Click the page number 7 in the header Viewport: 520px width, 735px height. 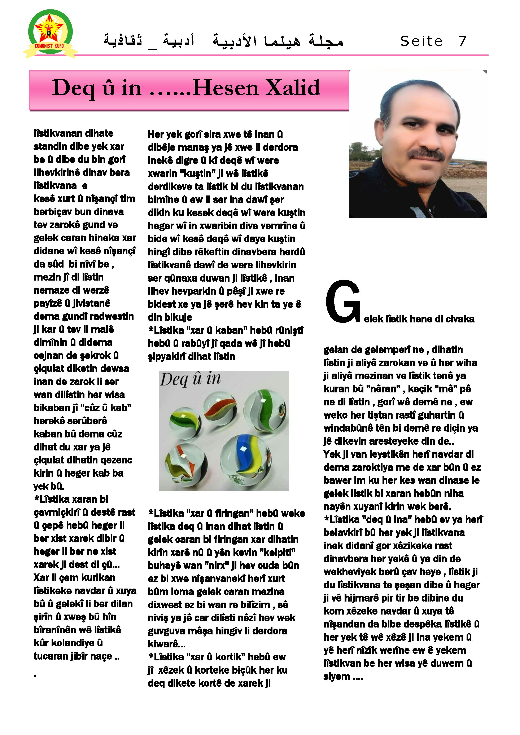462,41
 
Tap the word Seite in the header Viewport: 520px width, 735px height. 421,41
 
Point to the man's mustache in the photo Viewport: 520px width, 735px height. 427,155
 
